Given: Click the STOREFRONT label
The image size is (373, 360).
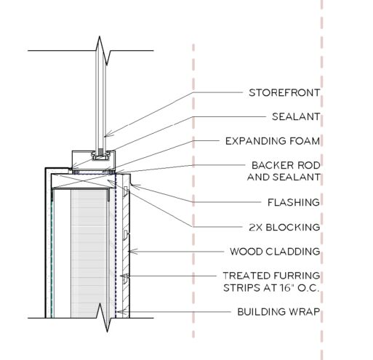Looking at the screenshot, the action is (x=284, y=92).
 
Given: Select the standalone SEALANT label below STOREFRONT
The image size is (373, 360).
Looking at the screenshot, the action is (x=296, y=116).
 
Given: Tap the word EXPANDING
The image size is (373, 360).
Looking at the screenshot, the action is (x=256, y=141).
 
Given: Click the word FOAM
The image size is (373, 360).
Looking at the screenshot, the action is (x=305, y=141).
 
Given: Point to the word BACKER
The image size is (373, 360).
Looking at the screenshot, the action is (x=272, y=165).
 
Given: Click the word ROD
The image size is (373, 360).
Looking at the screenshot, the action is (x=308, y=165).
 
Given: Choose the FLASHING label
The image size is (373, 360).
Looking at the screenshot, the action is (x=294, y=202).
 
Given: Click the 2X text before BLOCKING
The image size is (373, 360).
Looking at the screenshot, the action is (x=255, y=227).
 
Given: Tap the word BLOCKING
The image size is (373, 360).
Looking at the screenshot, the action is (x=293, y=227).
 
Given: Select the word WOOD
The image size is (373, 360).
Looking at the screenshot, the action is (x=246, y=252).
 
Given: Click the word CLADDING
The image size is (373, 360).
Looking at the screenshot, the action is (x=293, y=252).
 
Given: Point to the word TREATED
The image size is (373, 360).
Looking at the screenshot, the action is (x=246, y=276).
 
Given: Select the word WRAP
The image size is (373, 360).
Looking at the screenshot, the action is (x=305, y=311).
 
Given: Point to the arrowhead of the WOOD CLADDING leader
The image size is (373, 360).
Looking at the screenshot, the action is (x=132, y=252).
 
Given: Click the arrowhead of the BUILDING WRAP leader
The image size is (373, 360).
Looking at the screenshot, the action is (x=124, y=312).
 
